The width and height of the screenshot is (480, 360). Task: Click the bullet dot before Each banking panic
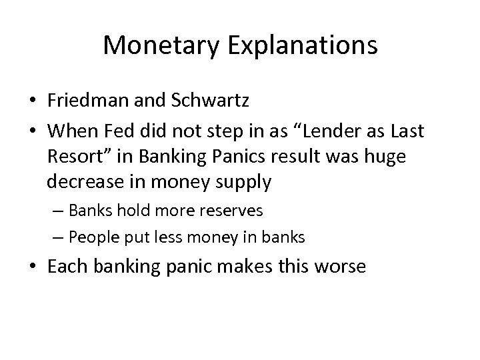coord(33,267)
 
